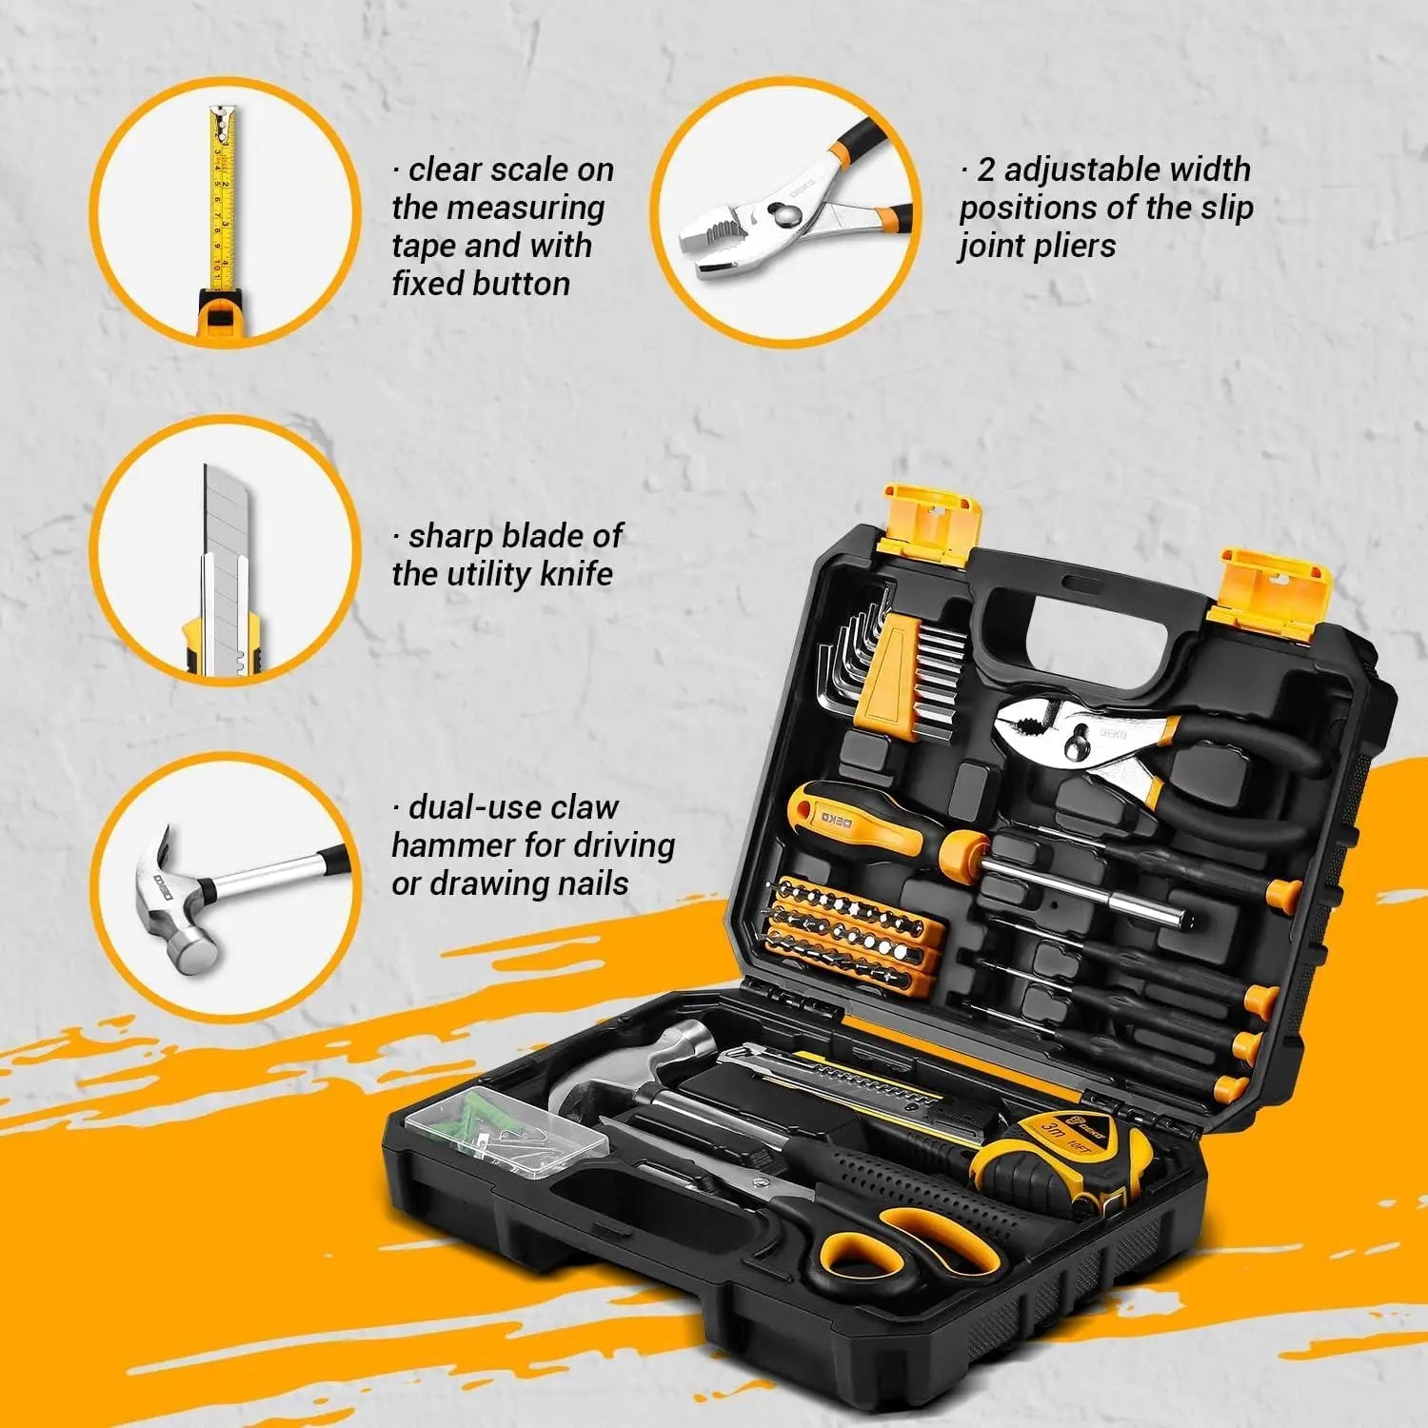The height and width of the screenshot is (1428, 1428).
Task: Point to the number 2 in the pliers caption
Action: [x=985, y=170]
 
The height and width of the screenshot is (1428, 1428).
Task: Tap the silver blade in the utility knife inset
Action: [x=223, y=533]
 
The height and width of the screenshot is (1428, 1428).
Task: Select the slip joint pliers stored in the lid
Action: [x=1142, y=752]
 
